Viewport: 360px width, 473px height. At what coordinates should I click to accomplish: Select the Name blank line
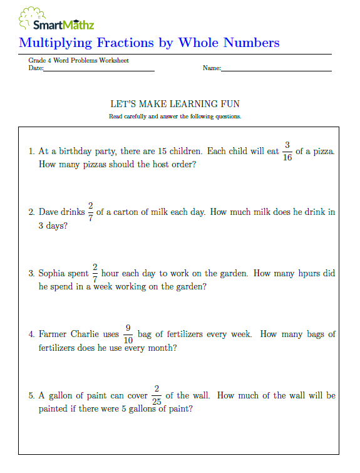pyautogui.click(x=276, y=69)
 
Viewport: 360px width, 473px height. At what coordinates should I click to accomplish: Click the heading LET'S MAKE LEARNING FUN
pyautogui.click(x=175, y=104)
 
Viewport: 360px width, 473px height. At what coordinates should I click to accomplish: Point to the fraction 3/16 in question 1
pyautogui.click(x=287, y=152)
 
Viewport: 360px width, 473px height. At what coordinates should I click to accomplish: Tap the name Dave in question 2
pyautogui.click(x=49, y=212)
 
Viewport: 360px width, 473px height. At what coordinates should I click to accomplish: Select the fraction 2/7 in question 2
pyautogui.click(x=91, y=212)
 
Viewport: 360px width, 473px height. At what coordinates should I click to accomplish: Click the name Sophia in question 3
pyautogui.click(x=53, y=274)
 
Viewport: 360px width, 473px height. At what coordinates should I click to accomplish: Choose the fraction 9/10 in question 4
pyautogui.click(x=128, y=335)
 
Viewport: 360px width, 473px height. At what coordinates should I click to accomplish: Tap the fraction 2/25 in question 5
pyautogui.click(x=157, y=395)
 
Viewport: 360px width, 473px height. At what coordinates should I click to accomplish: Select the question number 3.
pyautogui.click(x=31, y=274)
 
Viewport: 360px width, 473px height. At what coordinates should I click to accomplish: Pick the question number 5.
pyautogui.click(x=31, y=396)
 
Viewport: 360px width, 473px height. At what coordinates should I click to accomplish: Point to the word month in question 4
pyautogui.click(x=162, y=348)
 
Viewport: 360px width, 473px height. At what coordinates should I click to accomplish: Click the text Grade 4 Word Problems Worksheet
pyautogui.click(x=79, y=61)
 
